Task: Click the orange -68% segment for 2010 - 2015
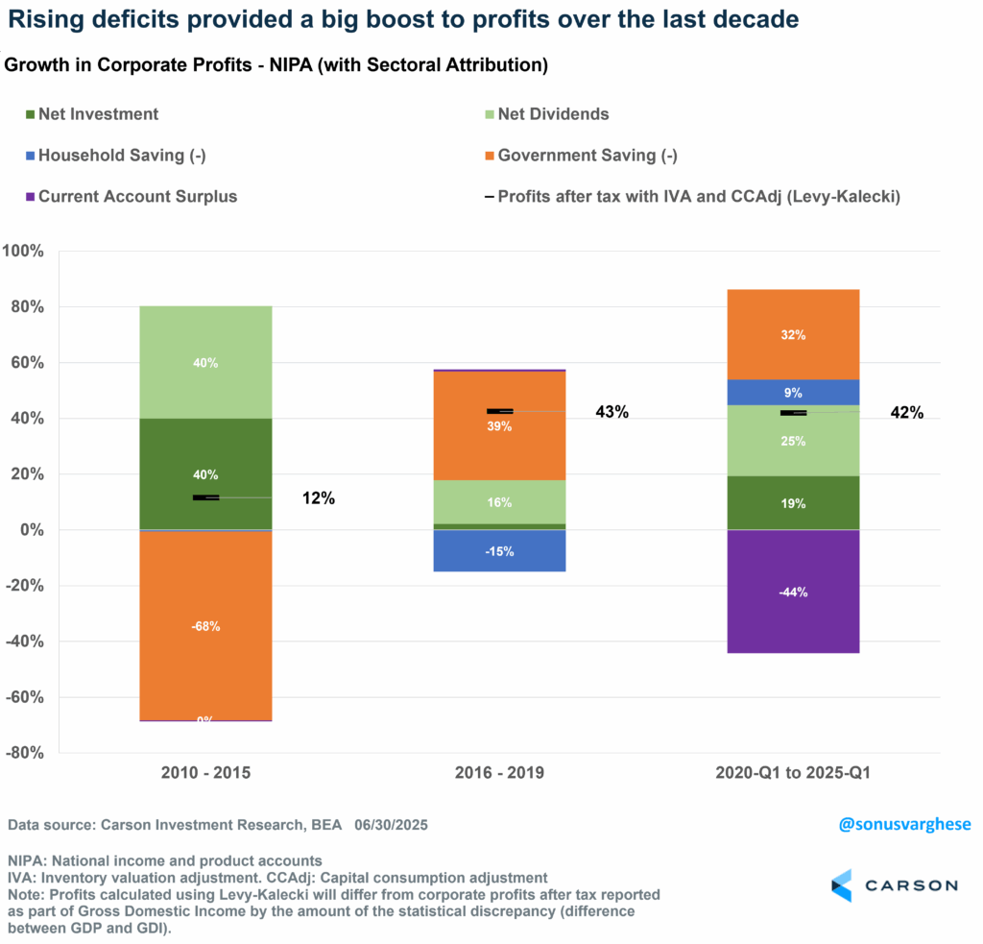205,624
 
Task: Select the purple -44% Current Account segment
793,592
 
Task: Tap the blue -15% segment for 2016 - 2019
499,551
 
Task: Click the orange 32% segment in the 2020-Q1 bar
793,335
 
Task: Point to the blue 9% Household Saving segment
793,392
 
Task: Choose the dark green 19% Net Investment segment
793,503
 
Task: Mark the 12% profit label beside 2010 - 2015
318,498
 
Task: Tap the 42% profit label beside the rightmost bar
905,413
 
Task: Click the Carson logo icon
842,884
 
